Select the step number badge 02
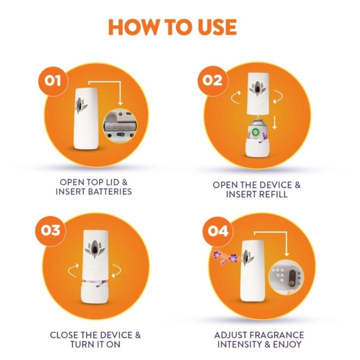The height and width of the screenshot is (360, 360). (213, 79)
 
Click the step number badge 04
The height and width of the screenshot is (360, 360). (215, 231)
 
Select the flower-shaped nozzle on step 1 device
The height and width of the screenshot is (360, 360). (80, 103)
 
